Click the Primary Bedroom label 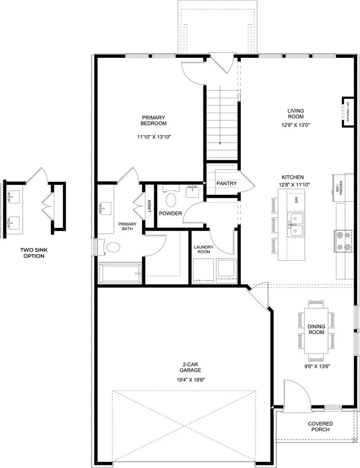click(x=154, y=120)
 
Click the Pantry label click(x=227, y=183)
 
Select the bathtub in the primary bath click(x=120, y=274)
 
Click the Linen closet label click(x=149, y=205)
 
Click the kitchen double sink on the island click(x=295, y=225)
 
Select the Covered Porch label click(x=320, y=426)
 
